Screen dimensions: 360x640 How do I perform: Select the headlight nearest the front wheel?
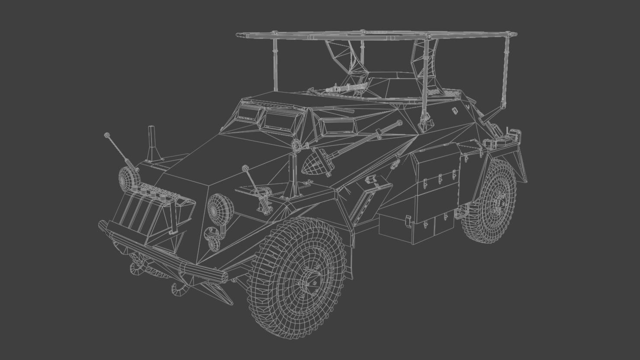pyautogui.click(x=220, y=207)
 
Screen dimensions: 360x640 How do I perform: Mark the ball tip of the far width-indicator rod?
pyautogui.click(x=107, y=135)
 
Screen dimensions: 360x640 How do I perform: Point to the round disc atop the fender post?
pyautogui.click(x=296, y=146)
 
